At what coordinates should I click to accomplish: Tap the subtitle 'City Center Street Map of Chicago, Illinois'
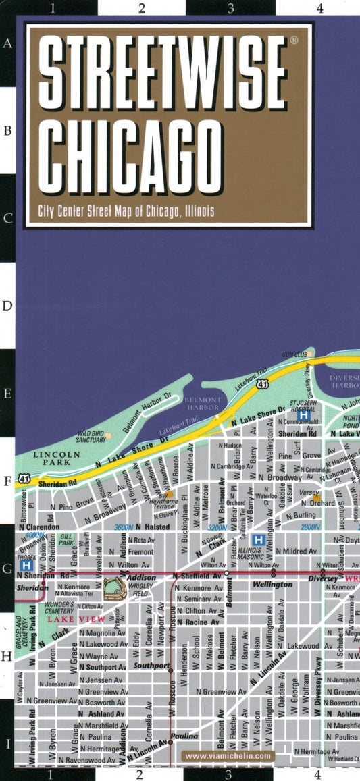[x=122, y=211]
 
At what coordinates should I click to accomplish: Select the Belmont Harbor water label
[x=203, y=404]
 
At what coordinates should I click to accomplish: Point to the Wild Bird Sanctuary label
[x=90, y=436]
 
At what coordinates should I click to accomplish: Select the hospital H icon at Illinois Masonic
[x=257, y=539]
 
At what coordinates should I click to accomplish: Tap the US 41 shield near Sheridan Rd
[x=25, y=477]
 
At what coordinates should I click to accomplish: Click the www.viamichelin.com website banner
[x=229, y=756]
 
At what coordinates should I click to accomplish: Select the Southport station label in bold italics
[x=153, y=665]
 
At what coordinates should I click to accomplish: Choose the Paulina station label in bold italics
[x=184, y=736]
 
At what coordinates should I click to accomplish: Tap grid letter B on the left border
[x=7, y=130]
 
